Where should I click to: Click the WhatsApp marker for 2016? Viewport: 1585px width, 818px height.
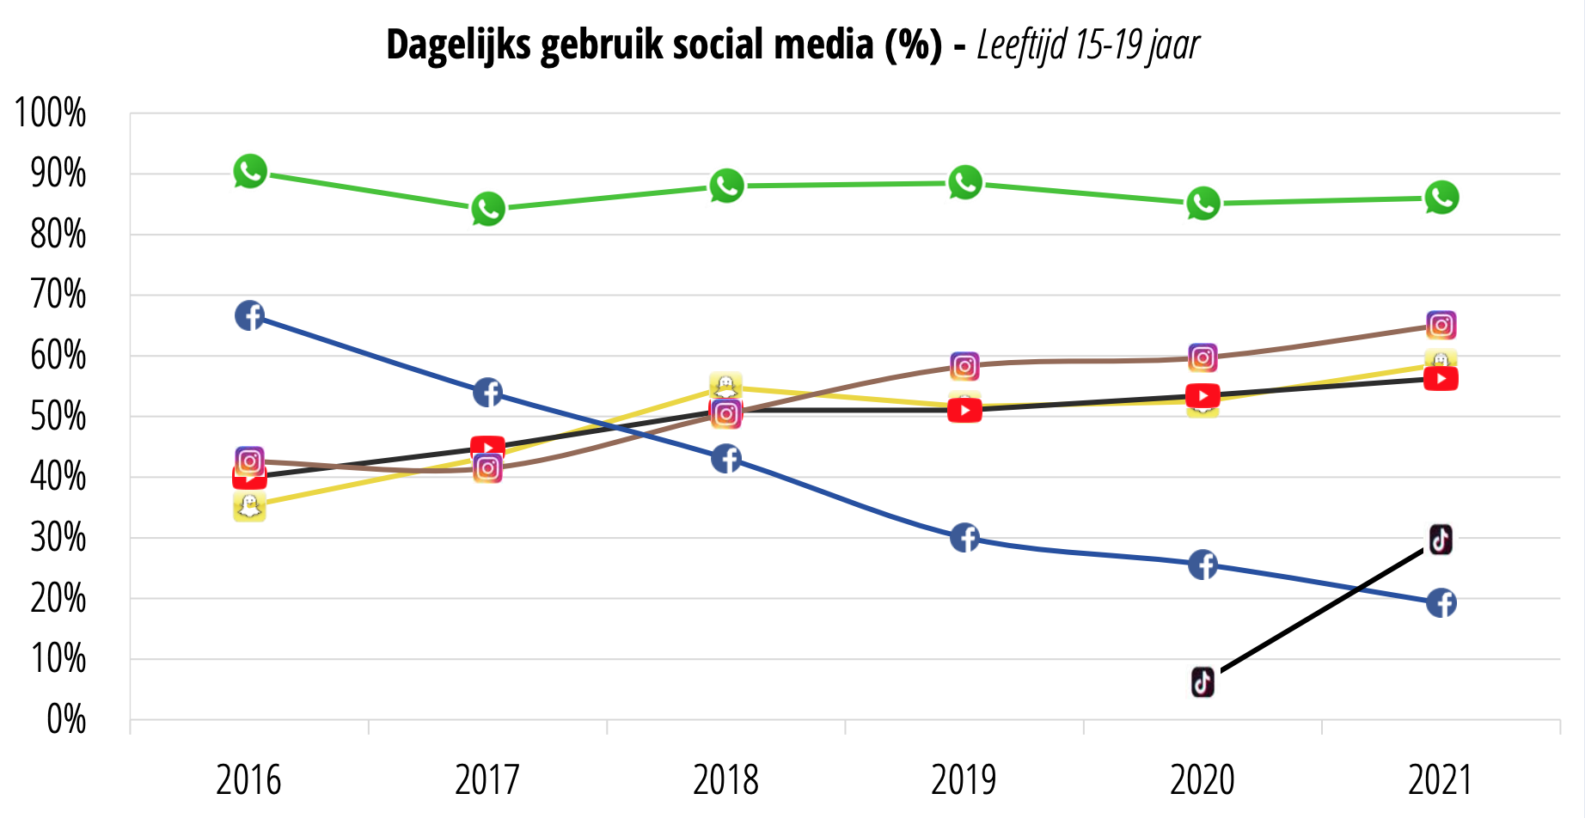[x=250, y=172]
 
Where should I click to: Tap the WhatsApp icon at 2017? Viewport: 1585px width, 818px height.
[x=488, y=209]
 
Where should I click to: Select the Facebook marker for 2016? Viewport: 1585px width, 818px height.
[x=249, y=316]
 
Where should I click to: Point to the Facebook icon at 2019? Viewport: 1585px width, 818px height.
[x=964, y=538]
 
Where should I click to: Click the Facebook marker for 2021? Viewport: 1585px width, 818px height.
[x=1441, y=603]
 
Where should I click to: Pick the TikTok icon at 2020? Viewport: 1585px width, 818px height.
[x=1203, y=682]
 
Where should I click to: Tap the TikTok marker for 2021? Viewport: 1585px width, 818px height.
[x=1441, y=540]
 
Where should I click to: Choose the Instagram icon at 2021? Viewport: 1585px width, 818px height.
[x=1441, y=326]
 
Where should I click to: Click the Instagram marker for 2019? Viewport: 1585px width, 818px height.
[x=964, y=367]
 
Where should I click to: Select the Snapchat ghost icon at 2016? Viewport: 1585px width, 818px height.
[x=249, y=507]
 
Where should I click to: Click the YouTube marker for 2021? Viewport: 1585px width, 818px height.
[x=1441, y=379]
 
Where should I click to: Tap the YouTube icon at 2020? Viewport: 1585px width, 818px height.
[x=1203, y=395]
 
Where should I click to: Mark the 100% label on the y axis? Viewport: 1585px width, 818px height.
[x=51, y=113]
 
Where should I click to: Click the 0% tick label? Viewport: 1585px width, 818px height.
[x=66, y=720]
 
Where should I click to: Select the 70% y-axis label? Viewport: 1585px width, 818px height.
[x=58, y=296]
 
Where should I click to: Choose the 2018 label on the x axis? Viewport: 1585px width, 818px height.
[x=725, y=780]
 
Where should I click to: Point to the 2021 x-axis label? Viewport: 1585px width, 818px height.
[x=1441, y=780]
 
